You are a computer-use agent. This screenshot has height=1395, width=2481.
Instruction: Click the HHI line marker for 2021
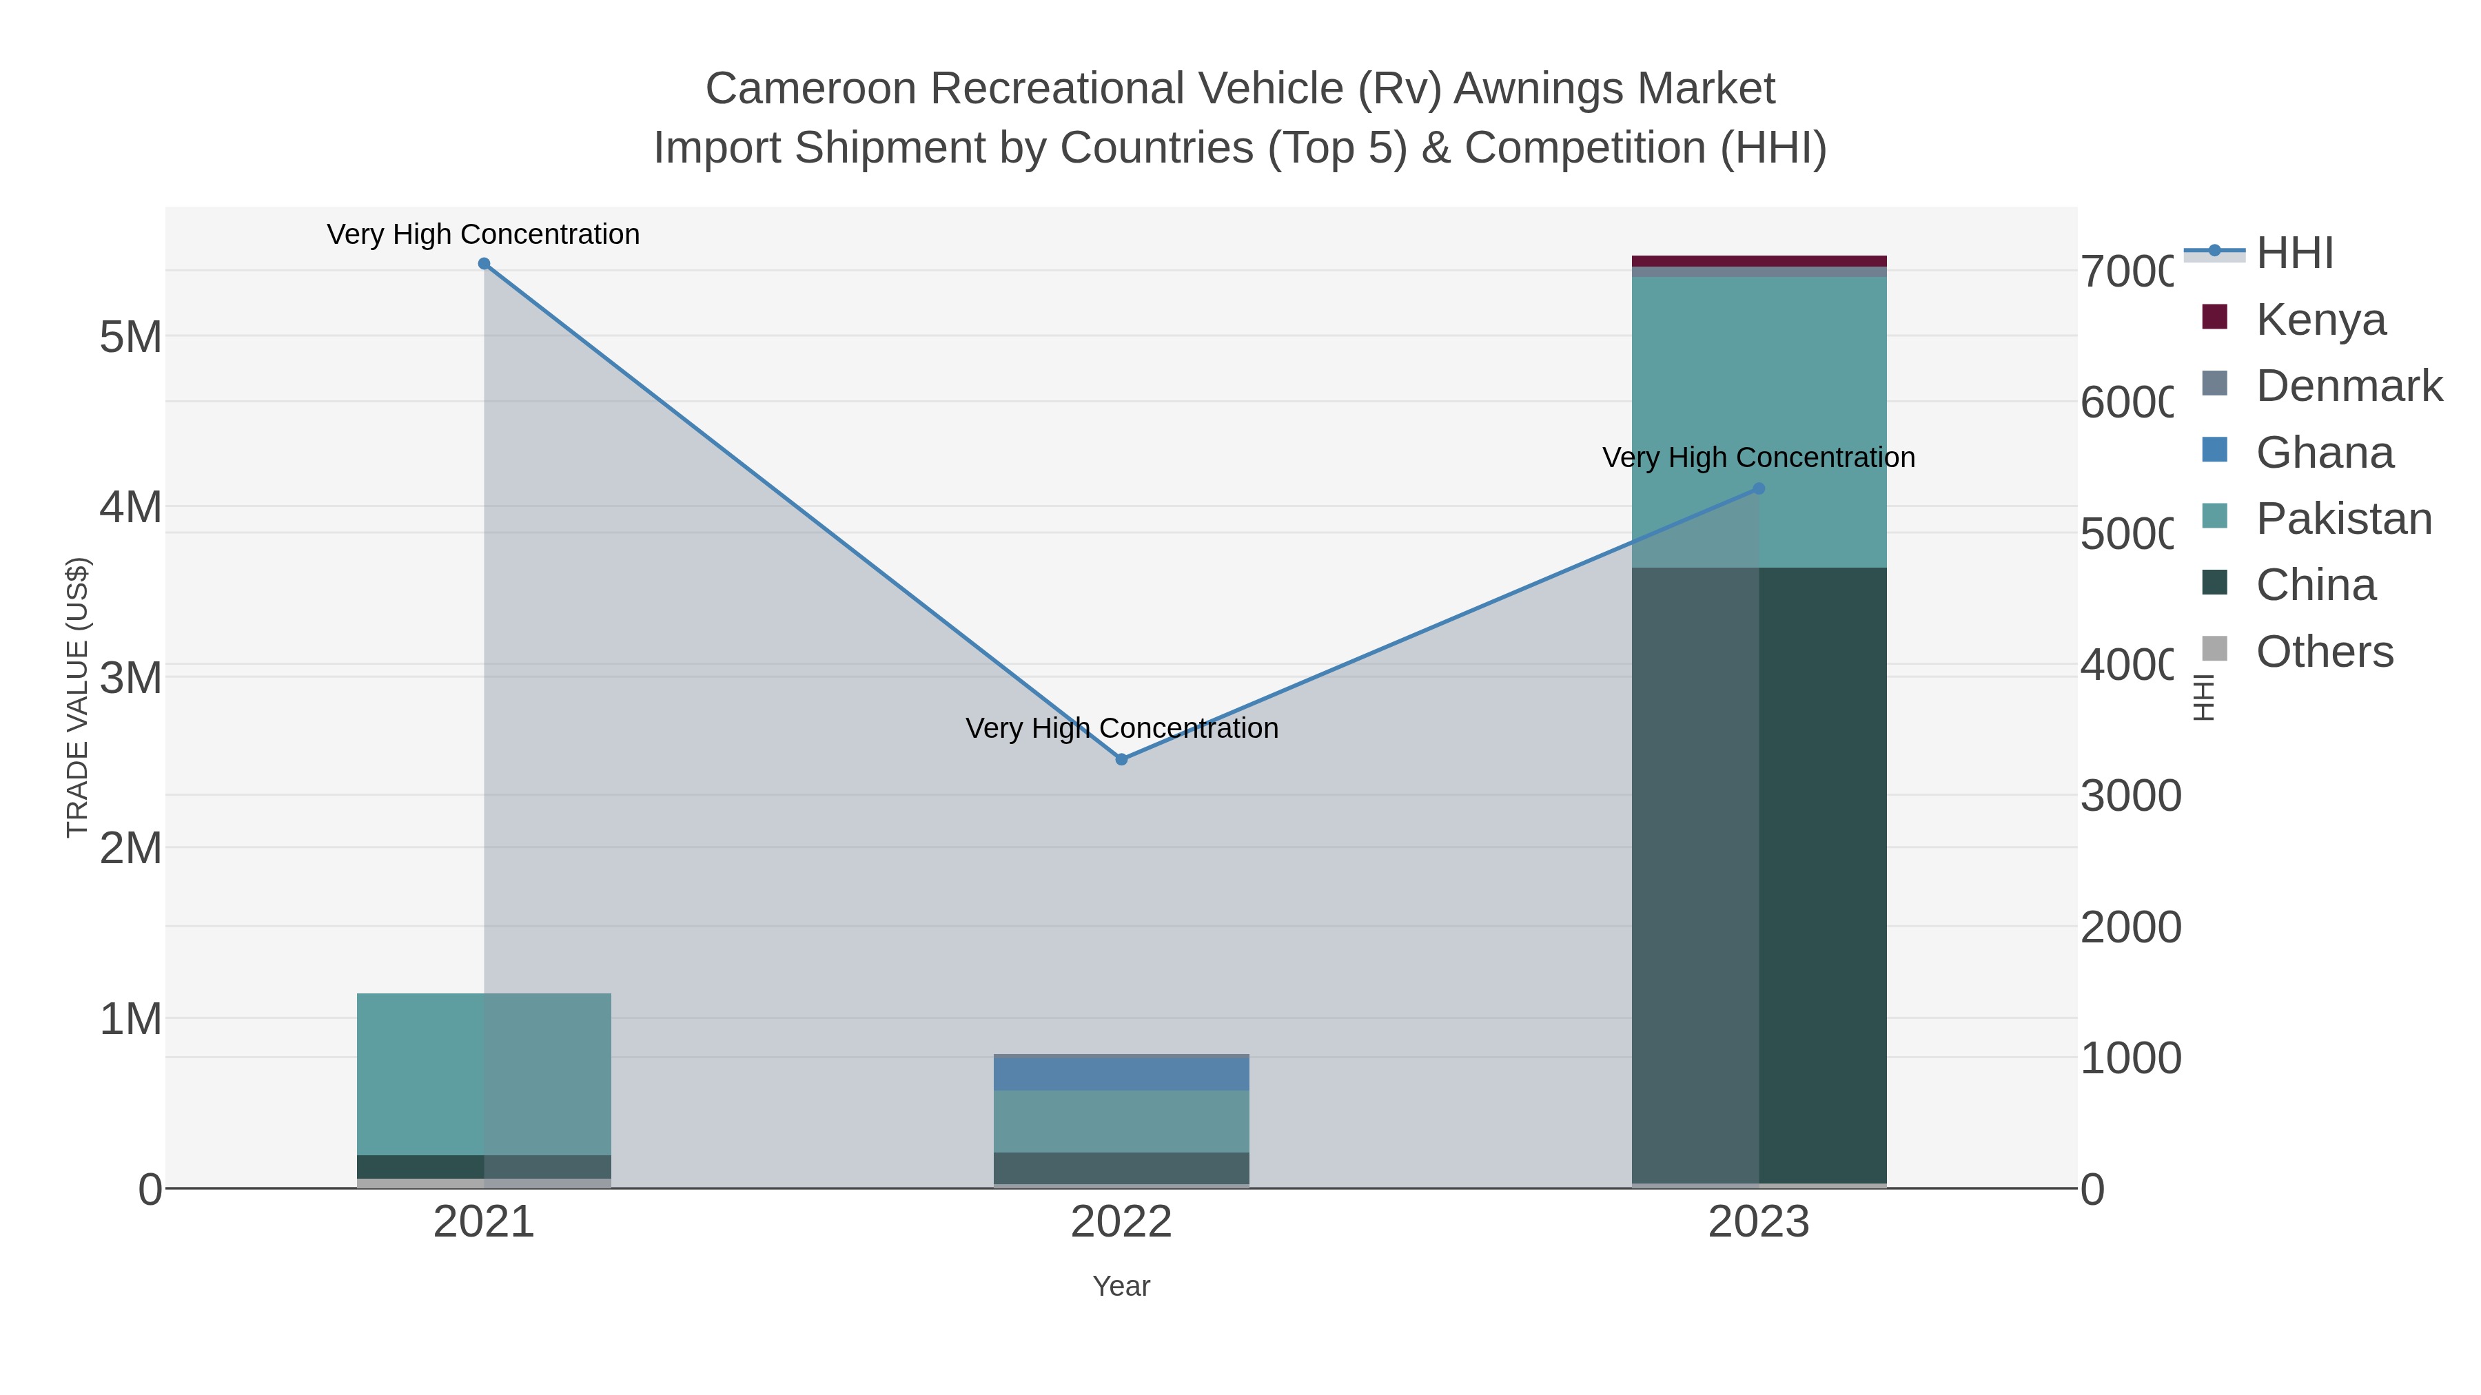coord(484,264)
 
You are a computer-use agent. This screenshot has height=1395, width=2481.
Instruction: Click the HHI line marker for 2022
coord(1121,760)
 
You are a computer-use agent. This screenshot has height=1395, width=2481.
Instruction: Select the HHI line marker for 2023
coord(1759,489)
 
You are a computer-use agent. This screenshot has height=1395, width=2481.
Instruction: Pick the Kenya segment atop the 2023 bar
coord(1759,261)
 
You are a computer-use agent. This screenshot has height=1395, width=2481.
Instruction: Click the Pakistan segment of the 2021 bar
coord(484,1073)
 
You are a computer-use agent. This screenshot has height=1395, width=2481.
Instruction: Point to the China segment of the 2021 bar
coord(484,1167)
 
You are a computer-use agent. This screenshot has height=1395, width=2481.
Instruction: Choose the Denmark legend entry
coord(2348,386)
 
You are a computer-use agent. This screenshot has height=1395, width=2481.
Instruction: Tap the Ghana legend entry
coord(2323,453)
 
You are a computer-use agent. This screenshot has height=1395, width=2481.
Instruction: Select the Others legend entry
coord(2323,652)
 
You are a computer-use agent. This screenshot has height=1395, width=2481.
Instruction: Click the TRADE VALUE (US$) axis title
coord(77,697)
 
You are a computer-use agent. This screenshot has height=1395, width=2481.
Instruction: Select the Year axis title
coord(1121,1286)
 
